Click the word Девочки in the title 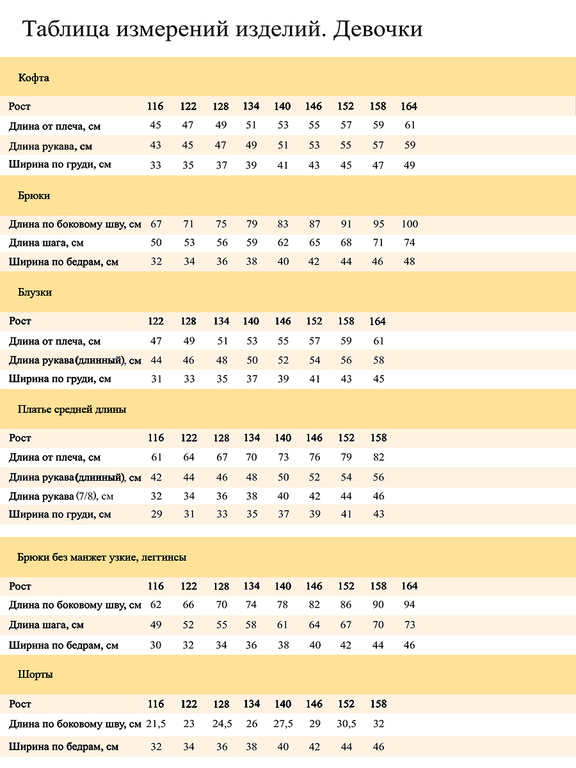(378, 29)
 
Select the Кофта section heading (34, 78)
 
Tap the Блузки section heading (35, 292)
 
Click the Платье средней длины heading (72, 409)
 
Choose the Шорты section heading (35, 675)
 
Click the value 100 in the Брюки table (410, 224)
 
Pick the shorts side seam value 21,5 (156, 724)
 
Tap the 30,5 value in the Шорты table (346, 724)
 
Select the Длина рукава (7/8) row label (61, 496)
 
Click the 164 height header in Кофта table (409, 106)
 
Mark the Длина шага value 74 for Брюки (410, 243)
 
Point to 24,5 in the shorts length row (221, 724)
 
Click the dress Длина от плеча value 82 (378, 457)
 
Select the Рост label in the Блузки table (20, 321)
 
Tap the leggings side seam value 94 (410, 605)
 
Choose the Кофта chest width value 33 (156, 164)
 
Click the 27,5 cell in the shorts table (283, 724)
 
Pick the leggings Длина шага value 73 (410, 625)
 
